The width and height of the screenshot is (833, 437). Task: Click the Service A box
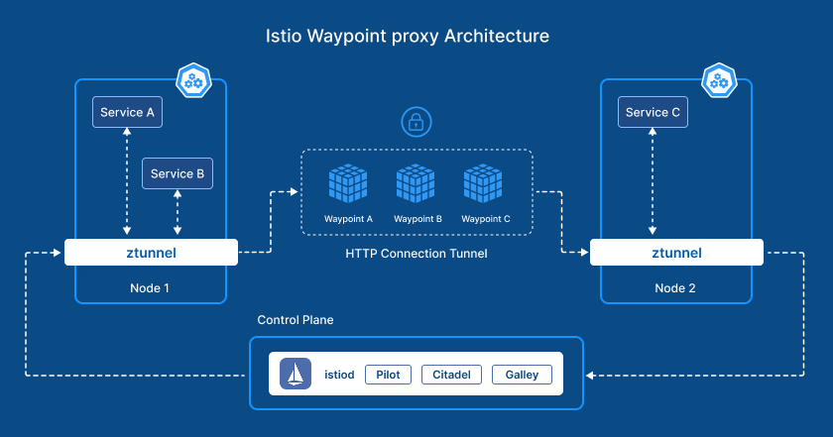point(127,112)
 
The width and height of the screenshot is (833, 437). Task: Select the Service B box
point(178,173)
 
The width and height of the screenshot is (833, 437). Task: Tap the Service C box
point(653,112)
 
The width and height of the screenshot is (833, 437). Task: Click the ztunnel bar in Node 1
point(152,253)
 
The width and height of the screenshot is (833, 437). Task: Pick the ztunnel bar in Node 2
point(676,253)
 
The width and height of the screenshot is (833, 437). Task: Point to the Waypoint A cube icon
point(348,183)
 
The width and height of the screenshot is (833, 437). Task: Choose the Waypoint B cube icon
point(416,183)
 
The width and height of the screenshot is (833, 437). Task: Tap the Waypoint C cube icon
point(485,183)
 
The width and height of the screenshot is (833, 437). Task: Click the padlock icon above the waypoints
point(416,123)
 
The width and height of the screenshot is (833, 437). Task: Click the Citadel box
point(451,376)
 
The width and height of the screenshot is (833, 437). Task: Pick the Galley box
point(521,376)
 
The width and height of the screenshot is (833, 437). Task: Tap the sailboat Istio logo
point(296,375)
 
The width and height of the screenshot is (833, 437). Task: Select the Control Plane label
point(295,320)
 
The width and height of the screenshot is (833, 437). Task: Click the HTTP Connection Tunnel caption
point(416,254)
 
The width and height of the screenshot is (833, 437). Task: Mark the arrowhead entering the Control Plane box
point(590,376)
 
